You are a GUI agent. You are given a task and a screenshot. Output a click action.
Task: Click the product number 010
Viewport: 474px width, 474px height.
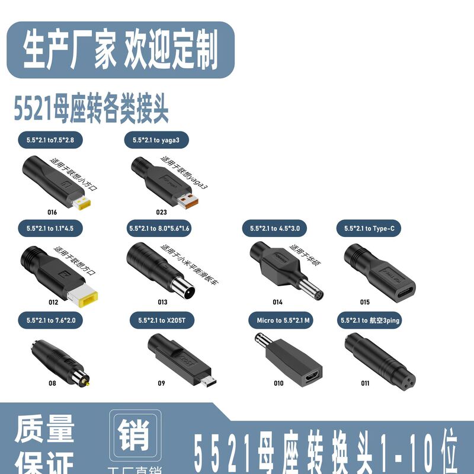(278, 383)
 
